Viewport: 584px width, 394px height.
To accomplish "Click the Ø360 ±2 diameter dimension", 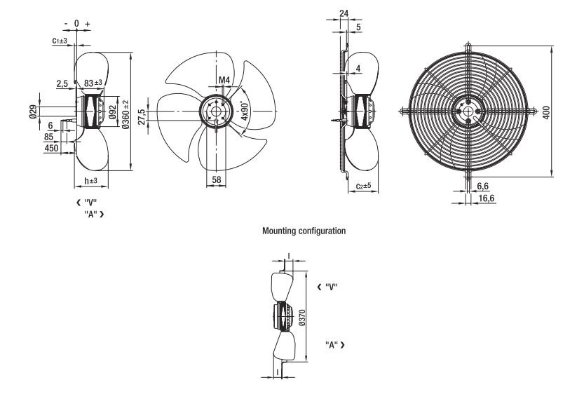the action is (125, 114).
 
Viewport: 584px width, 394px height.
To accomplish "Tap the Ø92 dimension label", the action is (112, 111).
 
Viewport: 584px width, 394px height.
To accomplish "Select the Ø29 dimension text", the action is (33, 111).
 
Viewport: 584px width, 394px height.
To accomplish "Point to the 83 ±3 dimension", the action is (93, 83).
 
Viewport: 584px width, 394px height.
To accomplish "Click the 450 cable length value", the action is (51, 148).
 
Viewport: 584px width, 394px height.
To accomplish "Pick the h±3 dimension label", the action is (90, 181).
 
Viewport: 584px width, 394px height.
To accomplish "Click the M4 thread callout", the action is (224, 80).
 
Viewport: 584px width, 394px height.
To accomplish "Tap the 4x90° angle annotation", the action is (245, 111).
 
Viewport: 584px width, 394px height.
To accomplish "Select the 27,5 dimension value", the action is (141, 116).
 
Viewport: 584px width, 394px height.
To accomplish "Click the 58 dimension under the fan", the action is (217, 179).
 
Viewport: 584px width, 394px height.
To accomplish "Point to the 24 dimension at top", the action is (344, 13).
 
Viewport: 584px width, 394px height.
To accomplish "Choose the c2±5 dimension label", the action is (363, 186).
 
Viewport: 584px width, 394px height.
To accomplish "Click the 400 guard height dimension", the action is (546, 112).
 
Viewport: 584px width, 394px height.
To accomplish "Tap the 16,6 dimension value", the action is (487, 198).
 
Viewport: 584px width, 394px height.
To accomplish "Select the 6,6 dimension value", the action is (482, 186).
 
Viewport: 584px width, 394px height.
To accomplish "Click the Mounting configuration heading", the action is (304, 231).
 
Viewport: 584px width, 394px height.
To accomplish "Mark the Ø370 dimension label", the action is (302, 318).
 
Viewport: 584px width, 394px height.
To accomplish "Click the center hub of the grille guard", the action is (468, 111).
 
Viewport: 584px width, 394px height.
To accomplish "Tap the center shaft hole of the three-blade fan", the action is (216, 111).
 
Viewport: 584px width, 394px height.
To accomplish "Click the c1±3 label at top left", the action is (60, 40).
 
